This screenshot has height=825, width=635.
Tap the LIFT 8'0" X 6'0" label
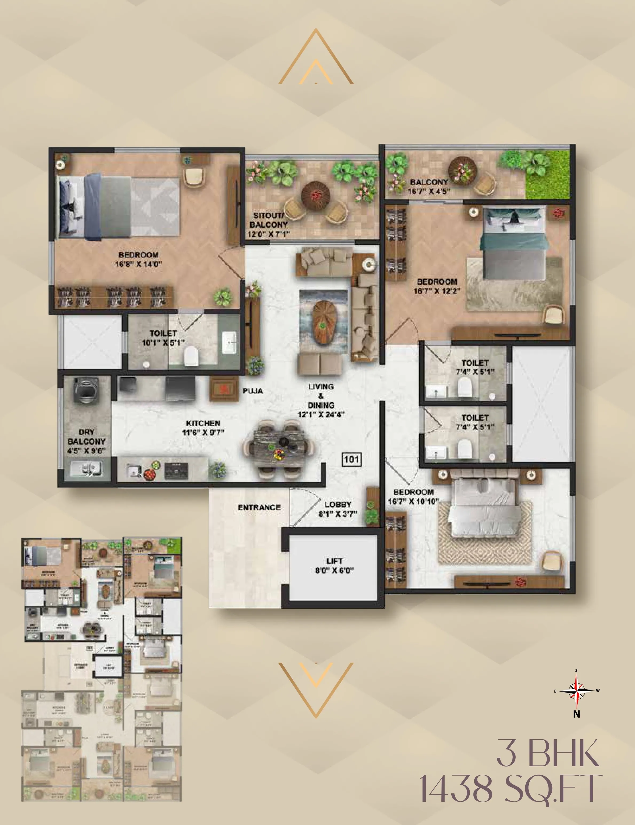pyautogui.click(x=334, y=565)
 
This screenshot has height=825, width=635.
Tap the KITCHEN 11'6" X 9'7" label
pyautogui.click(x=203, y=428)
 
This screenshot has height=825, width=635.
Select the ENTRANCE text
pyautogui.click(x=259, y=507)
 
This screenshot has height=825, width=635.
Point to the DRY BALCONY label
pyautogui.click(x=86, y=441)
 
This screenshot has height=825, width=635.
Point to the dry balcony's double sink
pyautogui.click(x=87, y=469)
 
